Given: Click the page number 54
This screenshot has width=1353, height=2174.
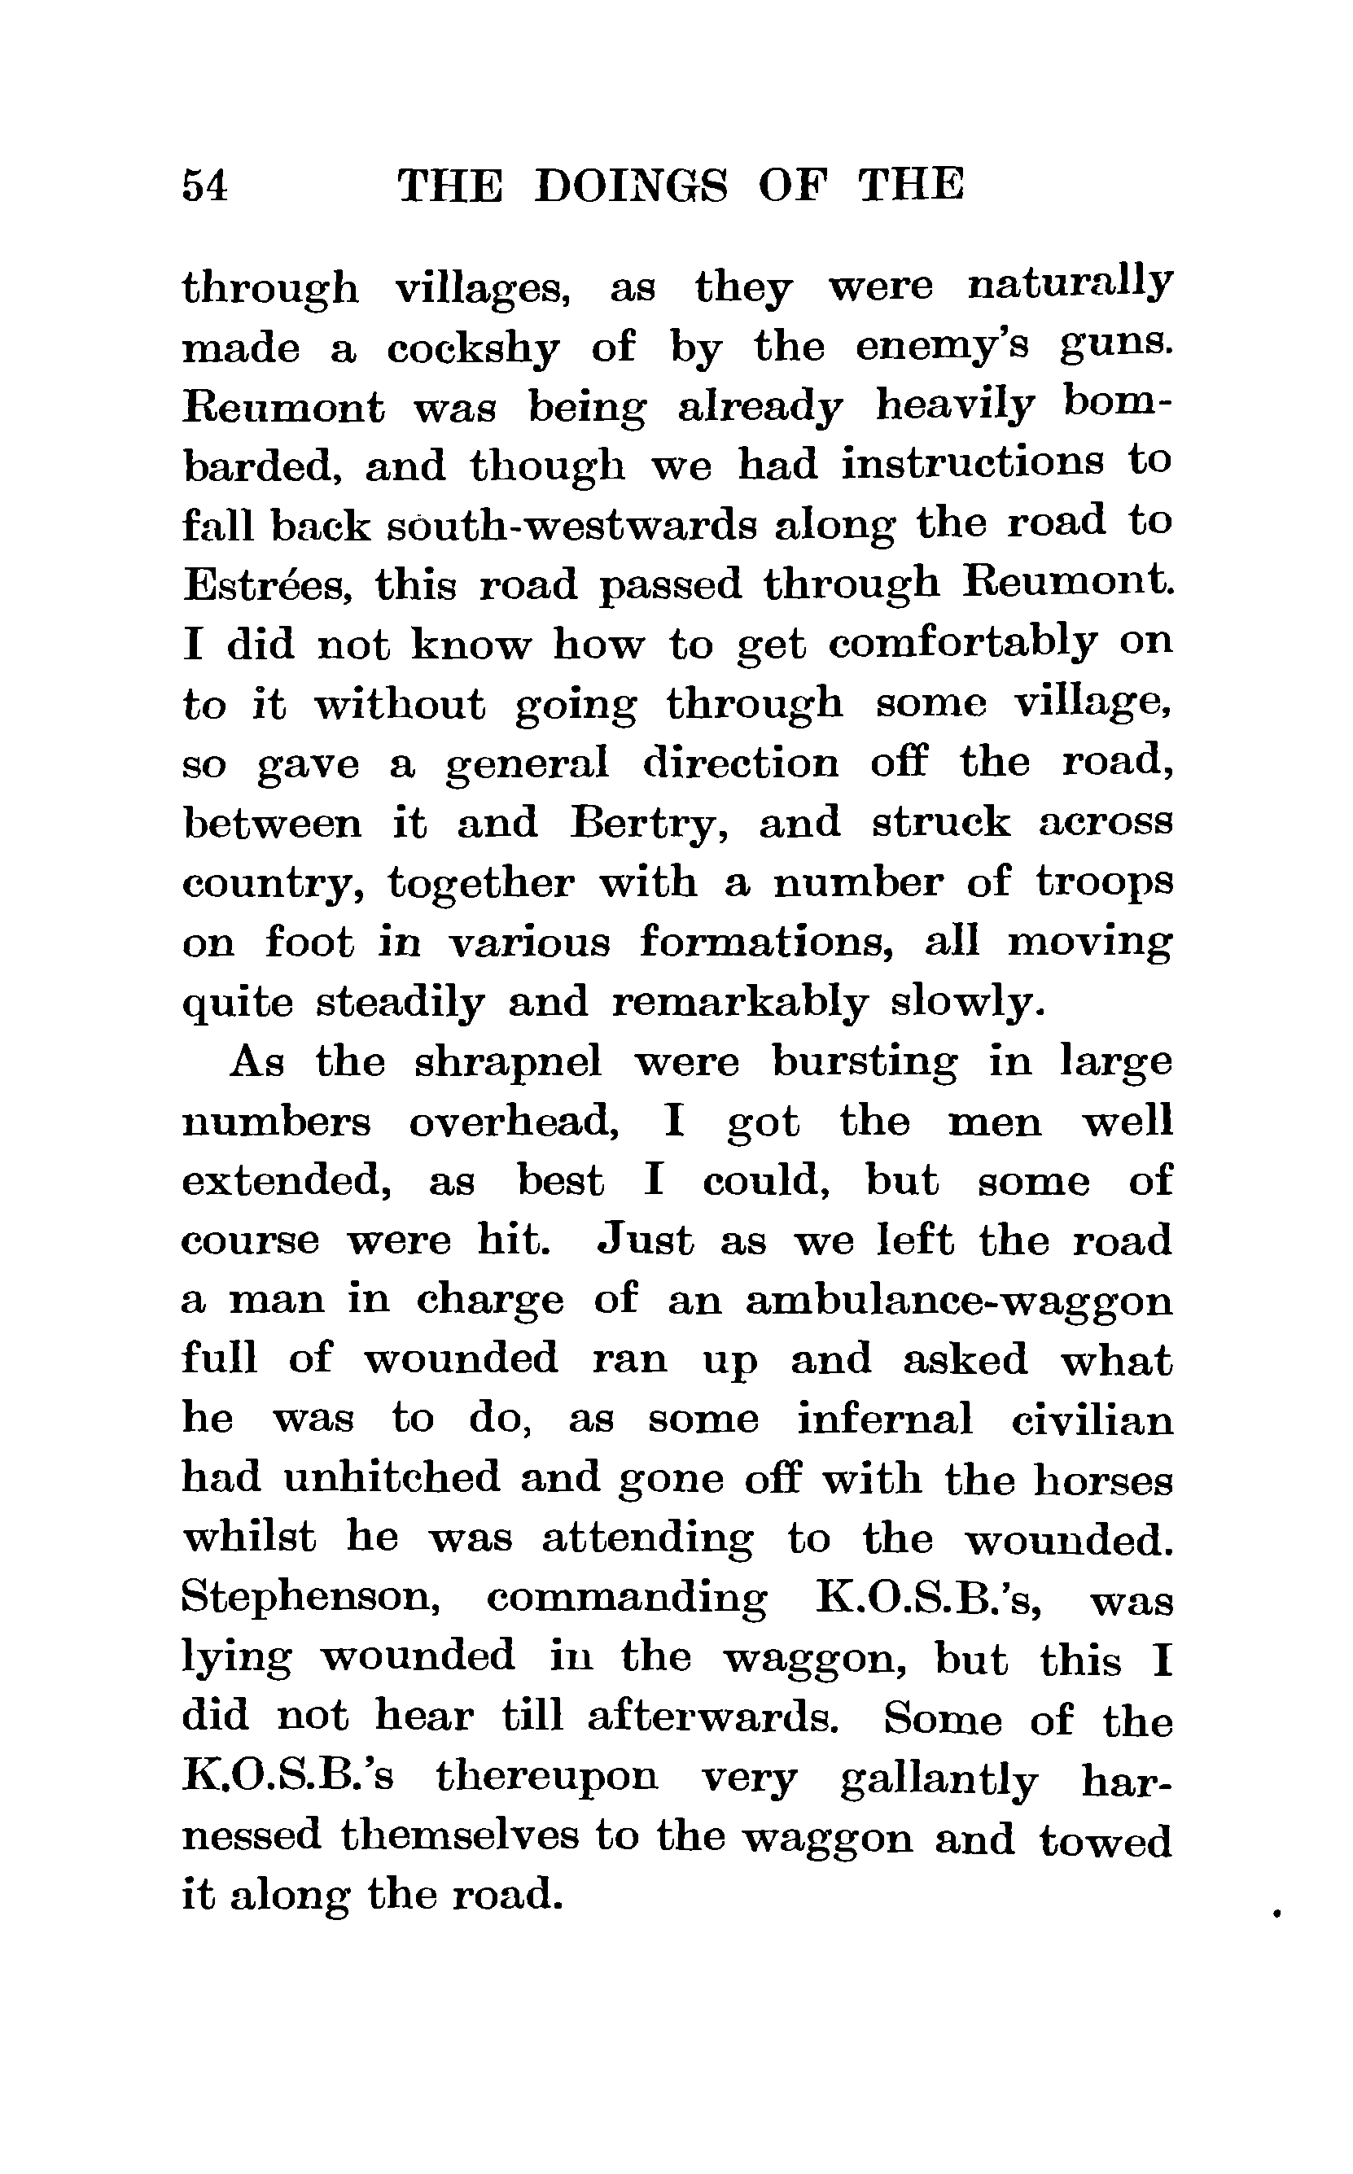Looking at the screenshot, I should pos(205,186).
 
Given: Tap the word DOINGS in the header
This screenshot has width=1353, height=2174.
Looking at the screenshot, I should pos(631,186).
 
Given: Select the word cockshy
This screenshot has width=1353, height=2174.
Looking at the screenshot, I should pos(473,348).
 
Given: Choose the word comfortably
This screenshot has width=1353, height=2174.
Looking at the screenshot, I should pos(962,644).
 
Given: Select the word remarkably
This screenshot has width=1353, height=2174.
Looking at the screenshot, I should pos(739,1003).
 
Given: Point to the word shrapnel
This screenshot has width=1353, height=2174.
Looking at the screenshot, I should pos(507,1062).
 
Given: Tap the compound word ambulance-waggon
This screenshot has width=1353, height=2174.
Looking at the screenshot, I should pos(958,1301).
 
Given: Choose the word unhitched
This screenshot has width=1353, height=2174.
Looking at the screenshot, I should pos(392,1479).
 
